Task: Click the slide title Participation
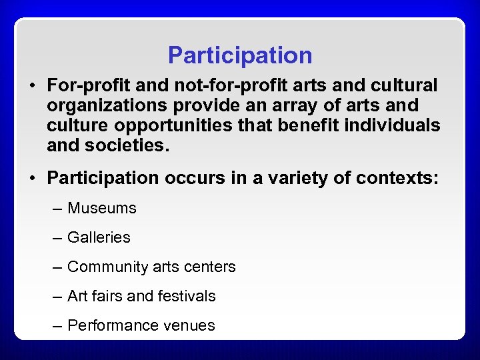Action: [240, 55]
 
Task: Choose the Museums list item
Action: [102, 209]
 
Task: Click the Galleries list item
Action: [99, 238]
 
